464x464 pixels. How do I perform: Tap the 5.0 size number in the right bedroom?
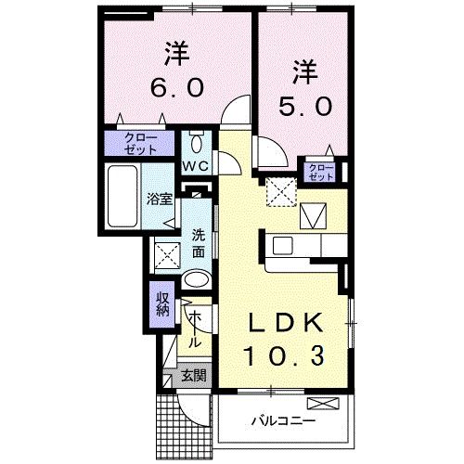coord(304,106)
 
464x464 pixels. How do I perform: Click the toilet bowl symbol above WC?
coord(197,144)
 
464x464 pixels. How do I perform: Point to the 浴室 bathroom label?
coord(159,198)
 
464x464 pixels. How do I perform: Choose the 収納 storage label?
coord(162,303)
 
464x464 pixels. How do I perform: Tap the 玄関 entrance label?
coord(192,376)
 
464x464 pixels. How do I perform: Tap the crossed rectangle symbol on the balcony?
coord(326,404)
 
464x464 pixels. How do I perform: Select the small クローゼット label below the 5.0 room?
coord(321,171)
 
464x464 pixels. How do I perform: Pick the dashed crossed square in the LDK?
coord(278,193)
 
